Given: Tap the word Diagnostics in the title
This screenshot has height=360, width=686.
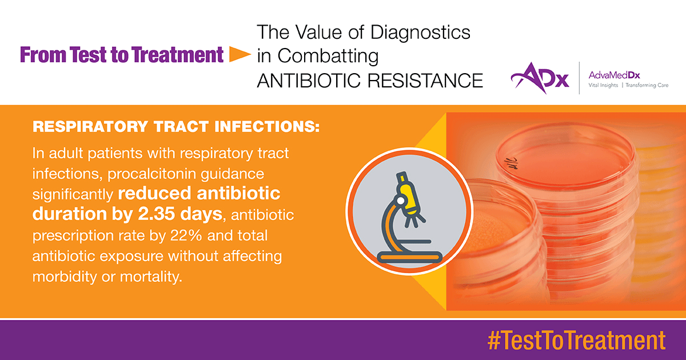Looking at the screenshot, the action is point(420,33).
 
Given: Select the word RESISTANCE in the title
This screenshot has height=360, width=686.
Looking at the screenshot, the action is point(425,81).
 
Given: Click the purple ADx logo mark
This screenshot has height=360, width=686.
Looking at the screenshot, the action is point(540,78).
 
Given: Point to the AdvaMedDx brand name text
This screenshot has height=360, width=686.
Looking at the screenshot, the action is point(615,75).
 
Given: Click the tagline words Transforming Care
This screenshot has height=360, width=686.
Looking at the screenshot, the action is point(647,85).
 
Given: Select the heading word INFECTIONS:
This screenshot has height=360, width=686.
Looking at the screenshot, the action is point(267,127).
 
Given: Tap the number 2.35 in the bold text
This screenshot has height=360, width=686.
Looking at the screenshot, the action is point(156,213).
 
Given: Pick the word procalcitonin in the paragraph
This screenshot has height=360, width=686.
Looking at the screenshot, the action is point(151,174).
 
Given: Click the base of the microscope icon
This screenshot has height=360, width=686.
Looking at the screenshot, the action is point(410,257).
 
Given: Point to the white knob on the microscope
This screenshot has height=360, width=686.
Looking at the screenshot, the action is point(401,201).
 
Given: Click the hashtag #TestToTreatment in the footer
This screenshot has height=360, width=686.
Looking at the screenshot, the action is point(576,340).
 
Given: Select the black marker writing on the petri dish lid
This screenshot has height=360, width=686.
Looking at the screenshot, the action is point(508,162).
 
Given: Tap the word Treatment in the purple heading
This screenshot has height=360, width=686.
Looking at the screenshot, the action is point(178,55).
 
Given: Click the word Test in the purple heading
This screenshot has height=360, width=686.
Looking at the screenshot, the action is point(88,55).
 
